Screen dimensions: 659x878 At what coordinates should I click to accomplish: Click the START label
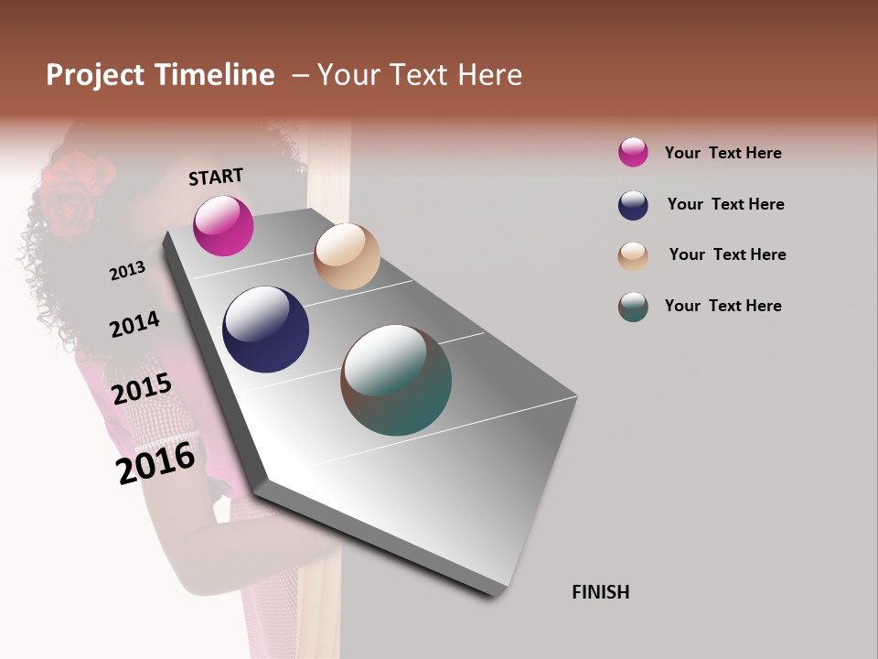click(216, 177)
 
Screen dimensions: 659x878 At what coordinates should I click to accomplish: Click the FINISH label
click(600, 592)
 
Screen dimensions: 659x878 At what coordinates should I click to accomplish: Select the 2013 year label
click(127, 271)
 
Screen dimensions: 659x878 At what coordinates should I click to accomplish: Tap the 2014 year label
click(134, 325)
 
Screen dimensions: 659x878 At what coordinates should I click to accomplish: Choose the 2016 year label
click(155, 463)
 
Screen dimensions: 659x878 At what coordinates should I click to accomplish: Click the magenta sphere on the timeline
click(223, 225)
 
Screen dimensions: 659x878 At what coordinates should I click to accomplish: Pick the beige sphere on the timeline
click(347, 256)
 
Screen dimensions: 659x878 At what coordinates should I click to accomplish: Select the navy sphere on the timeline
click(265, 329)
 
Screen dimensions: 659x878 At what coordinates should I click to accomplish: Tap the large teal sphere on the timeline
click(396, 380)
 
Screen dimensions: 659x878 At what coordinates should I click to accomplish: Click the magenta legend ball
click(633, 152)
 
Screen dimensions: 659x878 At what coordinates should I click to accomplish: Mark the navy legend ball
click(633, 205)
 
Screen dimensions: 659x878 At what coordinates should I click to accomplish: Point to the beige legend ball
click(633, 256)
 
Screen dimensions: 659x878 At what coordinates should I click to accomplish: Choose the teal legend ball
click(633, 307)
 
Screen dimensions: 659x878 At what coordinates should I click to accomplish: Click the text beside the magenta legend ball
click(723, 153)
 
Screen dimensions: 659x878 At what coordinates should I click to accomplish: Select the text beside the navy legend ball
click(725, 204)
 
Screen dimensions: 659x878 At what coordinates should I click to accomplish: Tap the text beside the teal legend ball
click(723, 306)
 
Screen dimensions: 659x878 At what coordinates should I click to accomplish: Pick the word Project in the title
click(95, 75)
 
